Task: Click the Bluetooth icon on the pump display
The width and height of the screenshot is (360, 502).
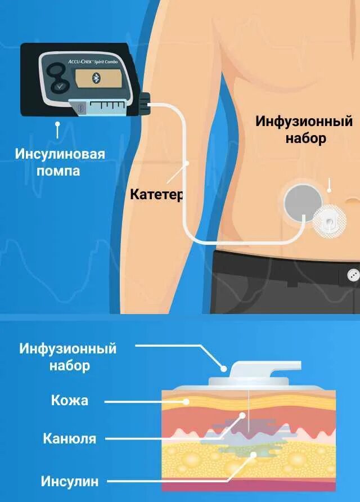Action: [x=96, y=78]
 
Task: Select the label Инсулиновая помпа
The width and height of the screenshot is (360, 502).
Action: [x=60, y=162]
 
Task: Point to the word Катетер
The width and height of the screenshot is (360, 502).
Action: [x=157, y=195]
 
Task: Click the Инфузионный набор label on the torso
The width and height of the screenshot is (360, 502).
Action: [x=304, y=129]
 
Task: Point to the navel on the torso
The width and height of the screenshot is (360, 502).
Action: [x=352, y=200]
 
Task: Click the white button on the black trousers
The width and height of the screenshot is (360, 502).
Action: [x=353, y=275]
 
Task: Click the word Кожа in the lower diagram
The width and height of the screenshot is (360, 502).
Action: [x=70, y=401]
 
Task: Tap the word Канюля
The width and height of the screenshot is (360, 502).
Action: [x=70, y=438]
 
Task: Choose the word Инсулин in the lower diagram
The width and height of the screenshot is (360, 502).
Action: [x=70, y=481]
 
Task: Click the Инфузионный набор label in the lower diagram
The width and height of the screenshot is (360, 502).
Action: [x=68, y=357]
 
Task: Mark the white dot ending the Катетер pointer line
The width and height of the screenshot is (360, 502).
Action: [x=187, y=163]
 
